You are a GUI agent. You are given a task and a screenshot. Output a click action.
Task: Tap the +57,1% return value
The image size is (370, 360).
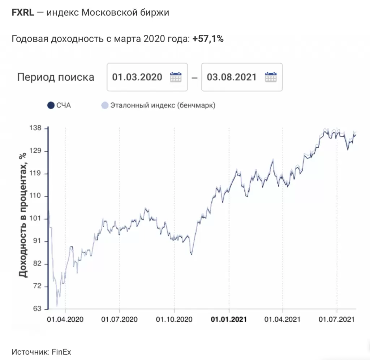(x=208, y=39)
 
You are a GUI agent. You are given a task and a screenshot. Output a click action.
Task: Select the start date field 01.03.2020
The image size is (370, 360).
(x=137, y=77)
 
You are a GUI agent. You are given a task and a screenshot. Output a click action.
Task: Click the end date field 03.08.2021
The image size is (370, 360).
(x=232, y=77)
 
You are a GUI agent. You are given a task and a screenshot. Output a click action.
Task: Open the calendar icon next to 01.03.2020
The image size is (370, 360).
(x=176, y=77)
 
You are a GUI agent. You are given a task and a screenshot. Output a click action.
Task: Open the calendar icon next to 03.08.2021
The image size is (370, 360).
(x=271, y=77)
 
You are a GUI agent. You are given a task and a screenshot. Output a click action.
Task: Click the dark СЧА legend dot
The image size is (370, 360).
(x=51, y=105)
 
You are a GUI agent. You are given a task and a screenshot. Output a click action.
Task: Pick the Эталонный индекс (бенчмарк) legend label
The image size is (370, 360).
(x=163, y=105)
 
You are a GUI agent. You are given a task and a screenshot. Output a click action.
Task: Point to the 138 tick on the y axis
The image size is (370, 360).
(x=37, y=128)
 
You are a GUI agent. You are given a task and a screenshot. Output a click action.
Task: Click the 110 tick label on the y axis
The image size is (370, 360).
(x=37, y=196)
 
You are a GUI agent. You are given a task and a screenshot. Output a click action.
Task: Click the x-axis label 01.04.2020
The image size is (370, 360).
(x=66, y=319)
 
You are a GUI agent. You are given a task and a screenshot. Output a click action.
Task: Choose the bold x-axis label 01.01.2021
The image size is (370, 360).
(x=229, y=319)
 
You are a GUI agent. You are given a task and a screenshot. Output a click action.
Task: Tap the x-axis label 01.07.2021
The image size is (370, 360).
(x=337, y=319)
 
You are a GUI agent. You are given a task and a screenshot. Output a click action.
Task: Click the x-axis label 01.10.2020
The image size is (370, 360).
(x=174, y=319)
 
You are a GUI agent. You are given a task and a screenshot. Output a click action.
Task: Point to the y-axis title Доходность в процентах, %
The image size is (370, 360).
(x=23, y=215)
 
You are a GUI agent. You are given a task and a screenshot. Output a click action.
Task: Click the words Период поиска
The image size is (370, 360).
(x=56, y=77)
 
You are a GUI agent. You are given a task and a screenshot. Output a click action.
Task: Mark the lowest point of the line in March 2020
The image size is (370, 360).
(x=57, y=306)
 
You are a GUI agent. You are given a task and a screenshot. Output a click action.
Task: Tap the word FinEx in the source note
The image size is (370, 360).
(x=61, y=352)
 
